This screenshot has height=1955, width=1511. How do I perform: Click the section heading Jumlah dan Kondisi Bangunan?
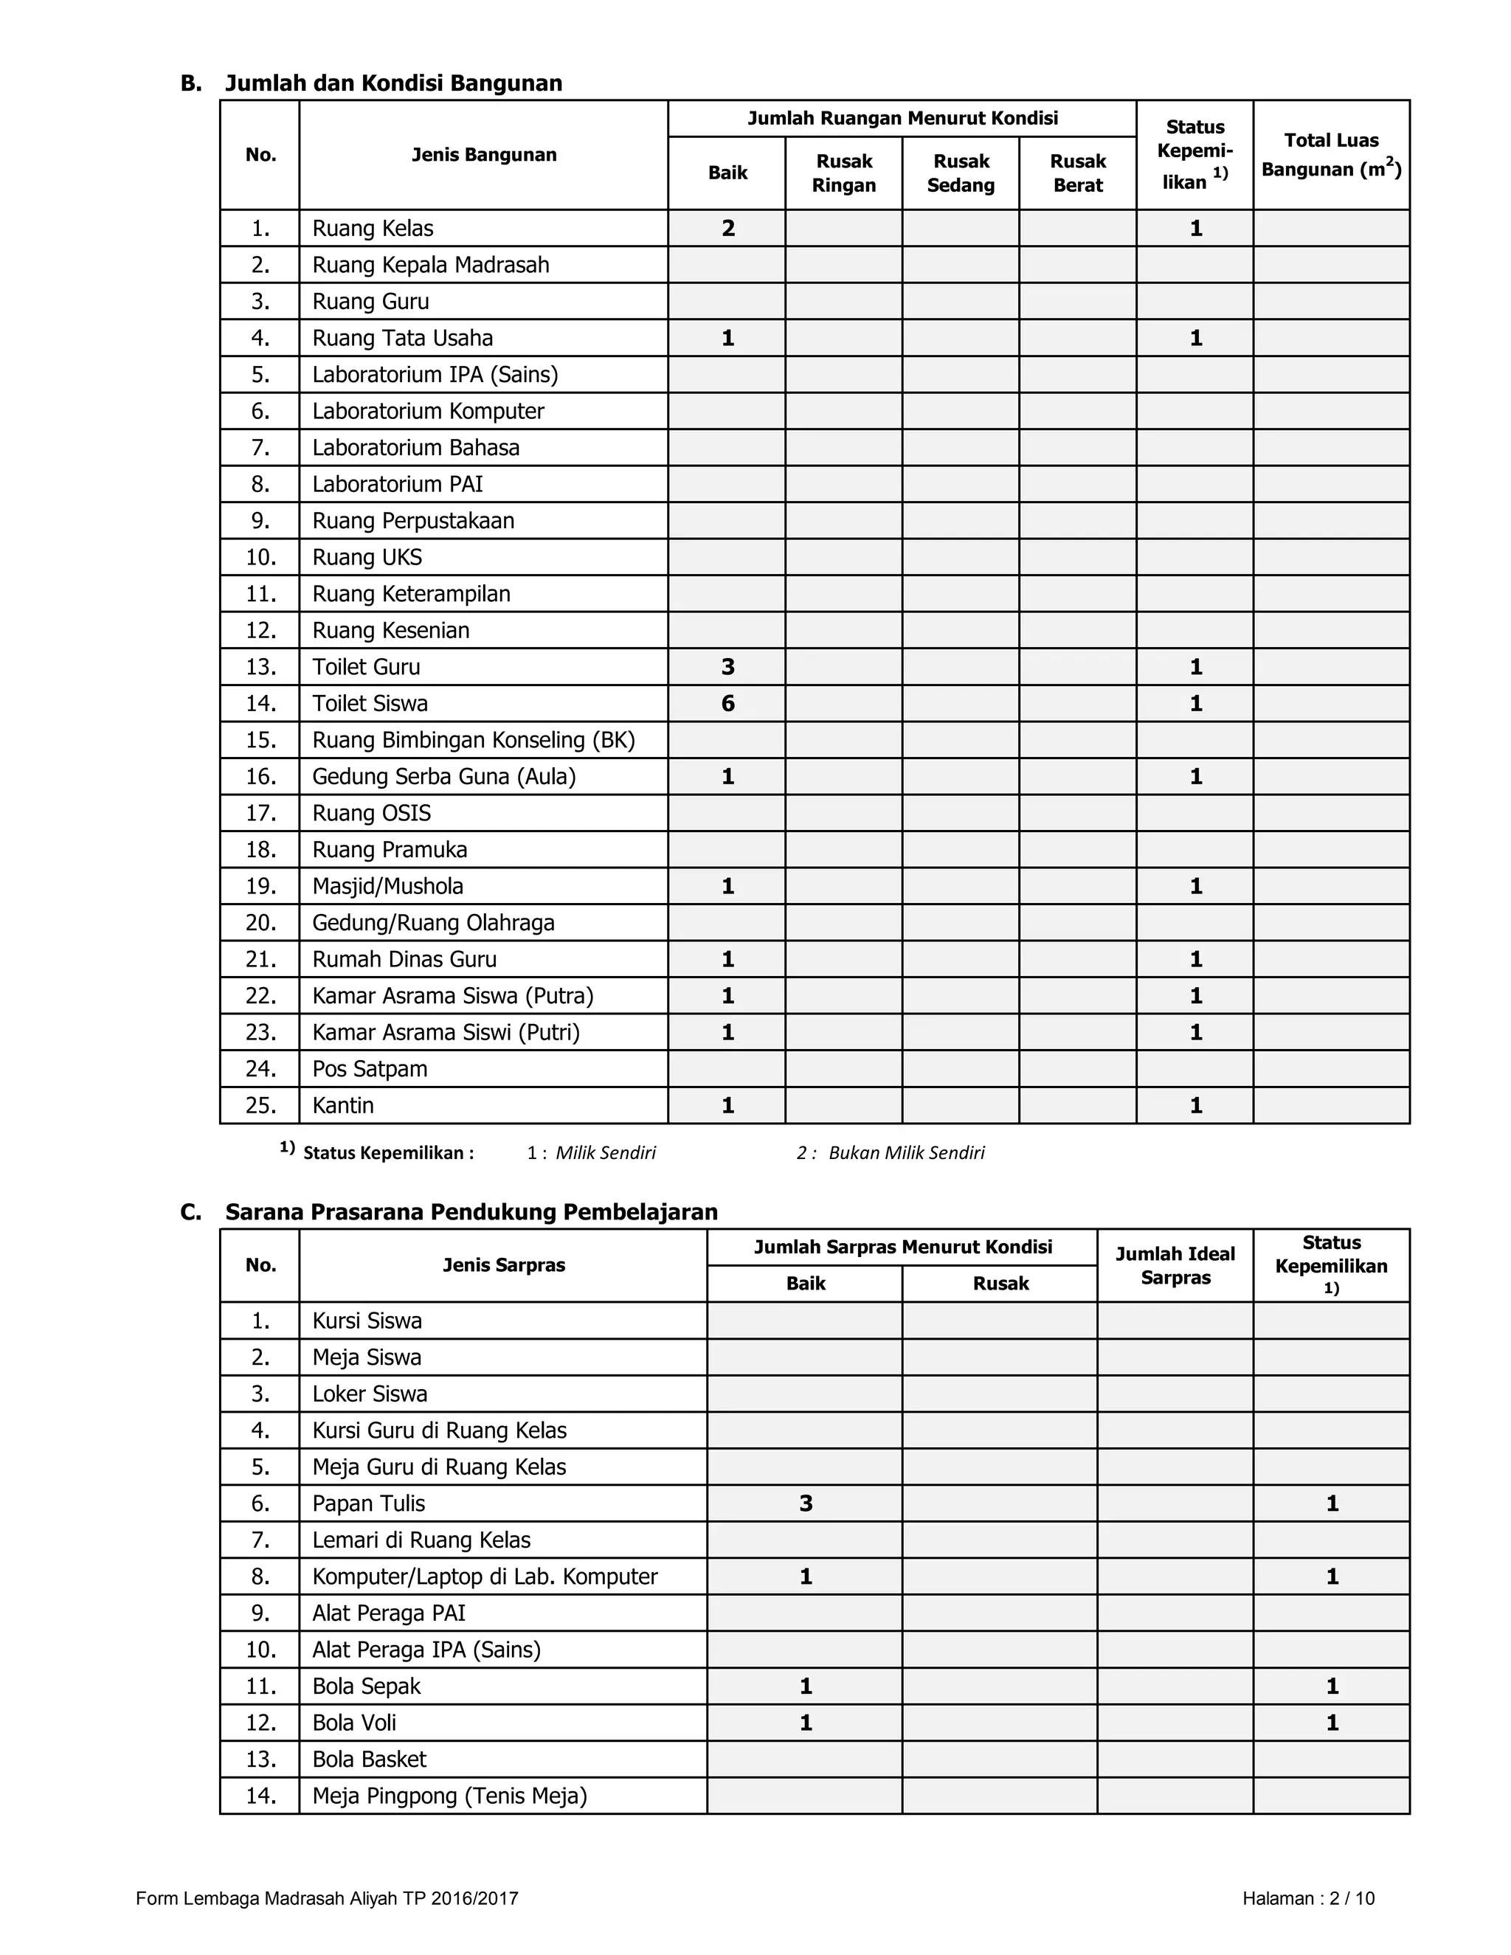393,83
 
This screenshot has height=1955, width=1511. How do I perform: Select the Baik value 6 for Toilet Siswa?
727,704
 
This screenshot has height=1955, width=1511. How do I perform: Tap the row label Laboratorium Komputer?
428,411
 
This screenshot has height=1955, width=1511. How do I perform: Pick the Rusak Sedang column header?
961,173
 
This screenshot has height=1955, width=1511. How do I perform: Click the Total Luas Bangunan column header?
1331,155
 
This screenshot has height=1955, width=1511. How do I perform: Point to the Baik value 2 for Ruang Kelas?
727,228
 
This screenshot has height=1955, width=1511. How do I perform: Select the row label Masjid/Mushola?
387,886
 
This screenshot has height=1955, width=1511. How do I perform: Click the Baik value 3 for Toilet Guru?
727,667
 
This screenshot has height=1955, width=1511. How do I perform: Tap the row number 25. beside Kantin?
260,1106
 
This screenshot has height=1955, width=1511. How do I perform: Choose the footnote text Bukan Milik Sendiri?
906,1153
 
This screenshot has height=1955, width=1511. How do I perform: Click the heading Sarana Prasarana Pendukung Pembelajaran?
471,1212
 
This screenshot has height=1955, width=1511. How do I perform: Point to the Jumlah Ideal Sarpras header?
1175,1266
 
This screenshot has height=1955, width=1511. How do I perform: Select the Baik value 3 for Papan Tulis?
806,1503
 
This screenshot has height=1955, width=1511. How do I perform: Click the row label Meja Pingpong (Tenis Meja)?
449,1796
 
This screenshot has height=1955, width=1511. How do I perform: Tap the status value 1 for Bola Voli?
1332,1723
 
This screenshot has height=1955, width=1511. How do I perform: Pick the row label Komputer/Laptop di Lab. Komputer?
484,1577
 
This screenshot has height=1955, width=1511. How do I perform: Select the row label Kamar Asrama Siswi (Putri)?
446,1032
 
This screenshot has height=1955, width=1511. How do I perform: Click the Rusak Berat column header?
1078,173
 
